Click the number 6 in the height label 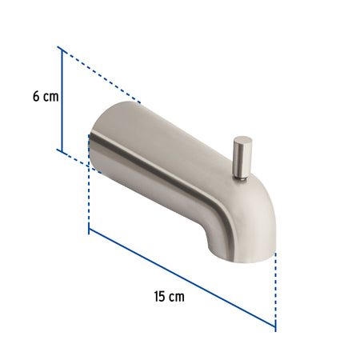pyautogui.click(x=36, y=96)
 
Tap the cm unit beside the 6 pyautogui.click(x=51, y=97)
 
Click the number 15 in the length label pyautogui.click(x=159, y=297)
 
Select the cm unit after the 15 pyautogui.click(x=177, y=298)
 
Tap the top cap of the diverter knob pyautogui.click(x=242, y=140)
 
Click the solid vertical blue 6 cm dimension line pyautogui.click(x=62, y=101)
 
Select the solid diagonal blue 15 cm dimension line pyautogui.click(x=182, y=278)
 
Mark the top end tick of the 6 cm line pyautogui.click(x=62, y=50)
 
